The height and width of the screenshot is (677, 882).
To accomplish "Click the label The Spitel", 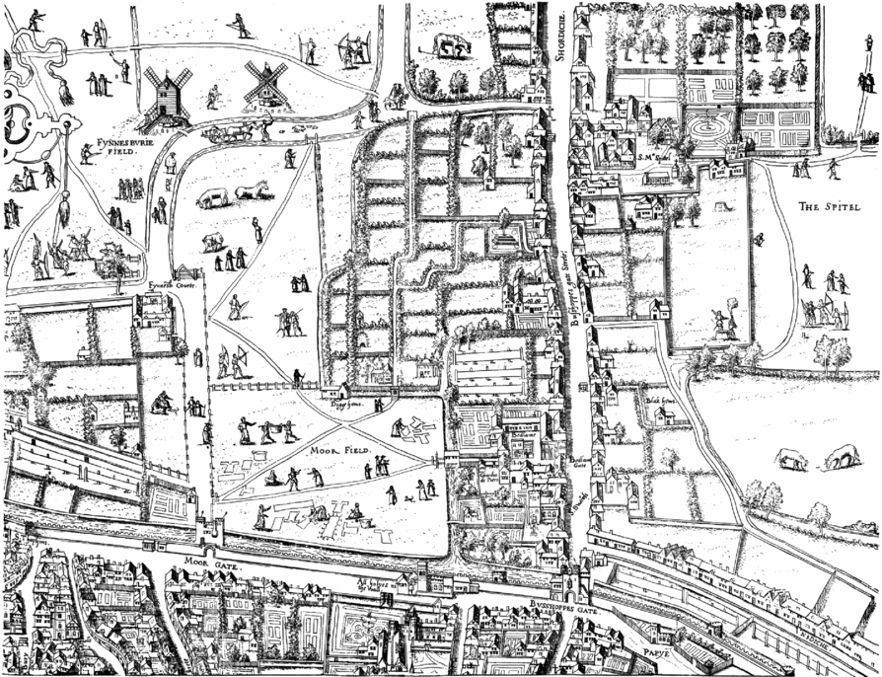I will [x=827, y=207].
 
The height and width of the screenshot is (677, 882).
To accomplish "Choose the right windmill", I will [x=263, y=83].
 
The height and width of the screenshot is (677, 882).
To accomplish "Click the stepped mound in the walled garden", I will [x=504, y=238].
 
